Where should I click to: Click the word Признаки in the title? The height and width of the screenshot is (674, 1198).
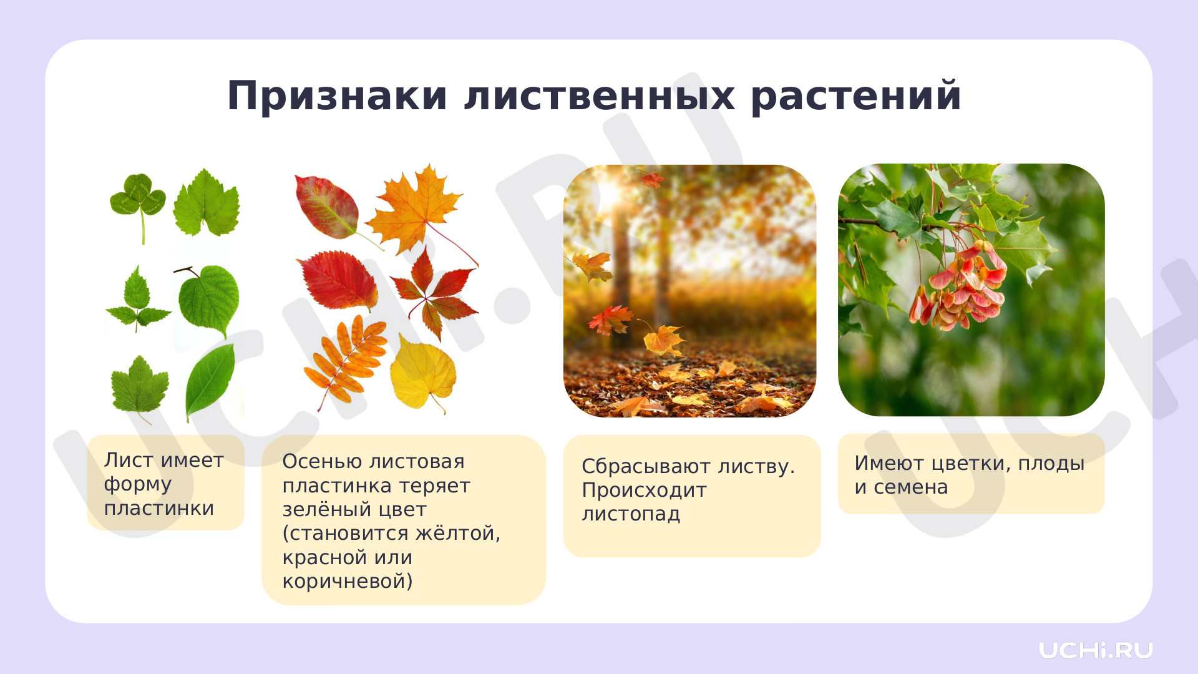click(338, 97)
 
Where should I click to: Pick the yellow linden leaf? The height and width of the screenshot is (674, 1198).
click(422, 373)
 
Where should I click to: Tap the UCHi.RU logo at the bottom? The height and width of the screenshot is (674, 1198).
click(1096, 650)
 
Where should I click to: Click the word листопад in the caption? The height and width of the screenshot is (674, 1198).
click(631, 514)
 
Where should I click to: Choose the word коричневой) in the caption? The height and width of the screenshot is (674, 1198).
click(348, 582)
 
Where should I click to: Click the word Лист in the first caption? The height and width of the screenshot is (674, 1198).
click(129, 460)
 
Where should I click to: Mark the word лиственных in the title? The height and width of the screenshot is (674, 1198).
click(600, 97)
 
